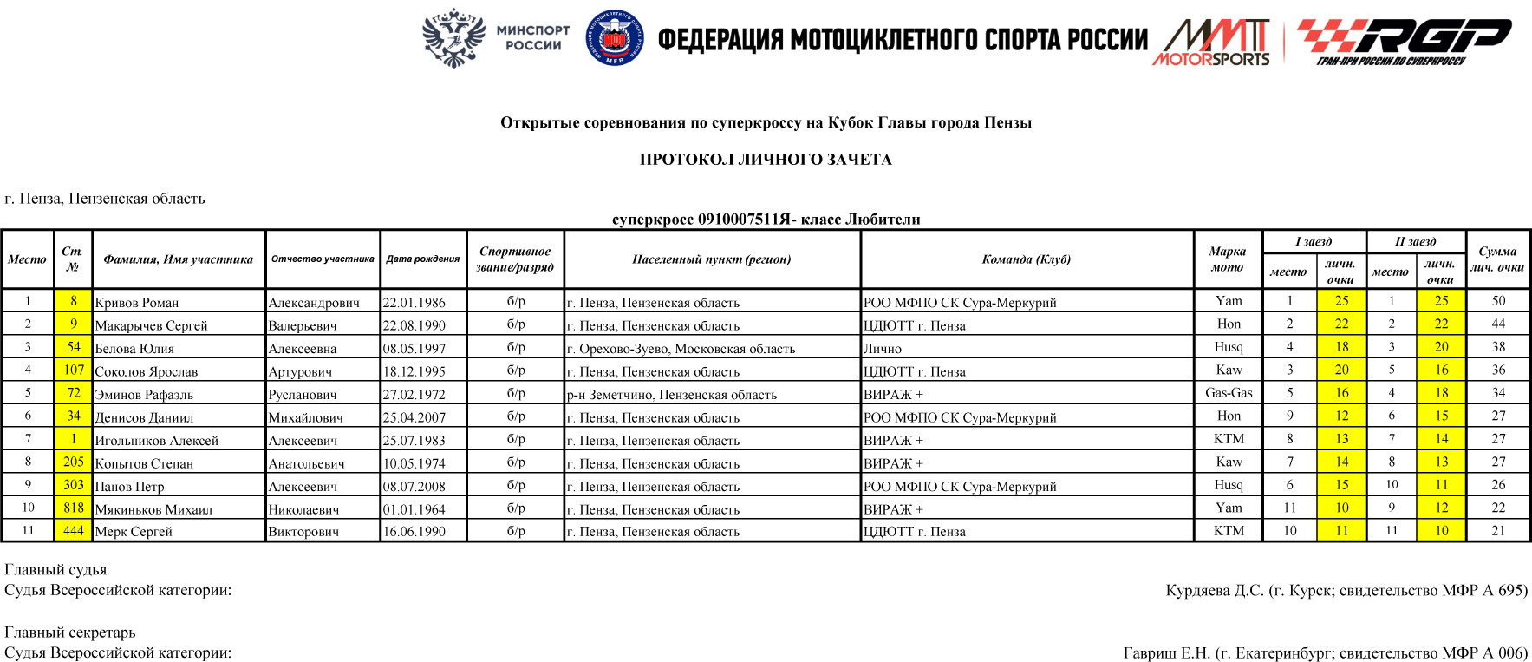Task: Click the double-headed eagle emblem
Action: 453,38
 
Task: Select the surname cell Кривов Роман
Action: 137,303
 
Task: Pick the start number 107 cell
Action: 74,370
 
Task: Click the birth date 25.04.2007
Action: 414,417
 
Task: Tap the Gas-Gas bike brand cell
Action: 1229,393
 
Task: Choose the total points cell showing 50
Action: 1498,301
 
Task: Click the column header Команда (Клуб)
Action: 1027,259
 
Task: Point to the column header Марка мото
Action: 1227,259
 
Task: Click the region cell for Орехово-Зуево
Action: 681,349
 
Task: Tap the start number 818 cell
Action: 74,508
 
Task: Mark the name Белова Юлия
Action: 134,349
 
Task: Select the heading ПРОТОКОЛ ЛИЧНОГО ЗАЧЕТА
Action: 766,160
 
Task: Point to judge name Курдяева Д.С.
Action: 1215,591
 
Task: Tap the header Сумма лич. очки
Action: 1497,259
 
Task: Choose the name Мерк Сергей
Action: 134,532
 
